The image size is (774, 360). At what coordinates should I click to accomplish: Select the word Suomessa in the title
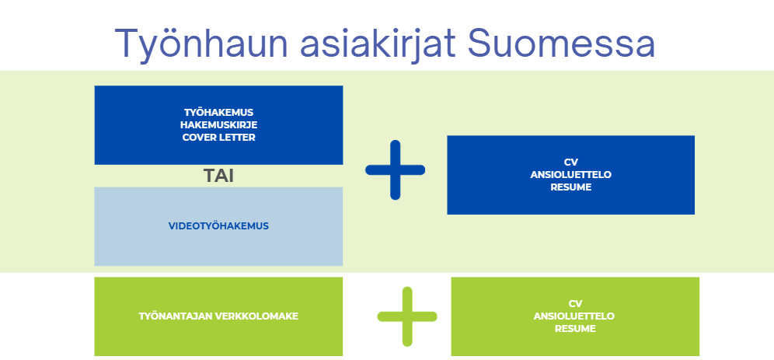tap(562, 43)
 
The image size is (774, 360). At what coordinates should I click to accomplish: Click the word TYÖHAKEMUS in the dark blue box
tap(218, 113)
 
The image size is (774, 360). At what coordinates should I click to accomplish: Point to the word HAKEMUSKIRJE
tap(218, 125)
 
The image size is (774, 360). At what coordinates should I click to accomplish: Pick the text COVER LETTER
tap(218, 138)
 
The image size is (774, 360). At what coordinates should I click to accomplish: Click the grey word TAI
tap(218, 177)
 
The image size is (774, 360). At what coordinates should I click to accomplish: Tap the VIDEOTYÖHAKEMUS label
tap(218, 226)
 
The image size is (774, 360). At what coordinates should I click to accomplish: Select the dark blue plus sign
tap(395, 170)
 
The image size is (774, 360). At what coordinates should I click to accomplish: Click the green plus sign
tap(407, 316)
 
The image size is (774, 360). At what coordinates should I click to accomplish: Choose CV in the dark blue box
tap(570, 163)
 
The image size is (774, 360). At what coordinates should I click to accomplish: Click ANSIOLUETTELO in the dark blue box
tap(570, 175)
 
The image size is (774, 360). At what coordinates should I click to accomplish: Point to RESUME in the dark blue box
tap(570, 187)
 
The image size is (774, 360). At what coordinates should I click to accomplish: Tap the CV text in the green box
tap(575, 304)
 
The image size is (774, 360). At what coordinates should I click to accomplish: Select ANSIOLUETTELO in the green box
tap(575, 316)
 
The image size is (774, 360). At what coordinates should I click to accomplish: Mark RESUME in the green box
tap(575, 329)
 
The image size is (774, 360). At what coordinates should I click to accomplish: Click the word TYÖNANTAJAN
tap(176, 316)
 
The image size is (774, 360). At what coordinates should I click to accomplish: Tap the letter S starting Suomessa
tap(479, 43)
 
